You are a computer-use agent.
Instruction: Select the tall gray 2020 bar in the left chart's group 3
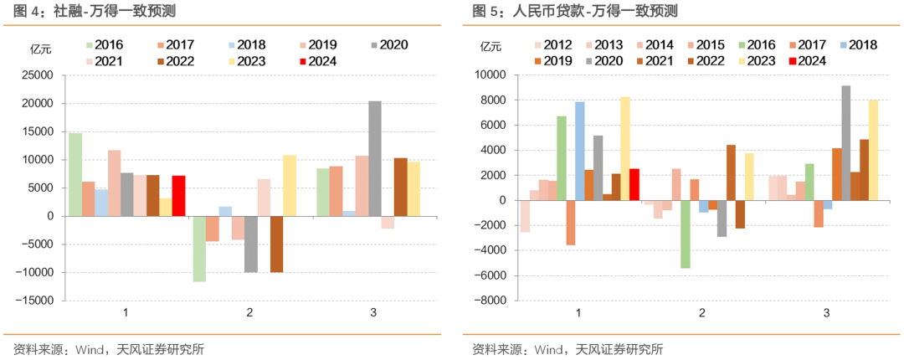coord(375,159)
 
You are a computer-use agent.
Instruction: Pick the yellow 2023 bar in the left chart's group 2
coord(289,186)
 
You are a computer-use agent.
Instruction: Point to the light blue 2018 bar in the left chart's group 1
coord(100,203)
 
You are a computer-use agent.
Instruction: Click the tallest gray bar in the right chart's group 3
coord(846,142)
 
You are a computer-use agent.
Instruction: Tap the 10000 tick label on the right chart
coord(490,75)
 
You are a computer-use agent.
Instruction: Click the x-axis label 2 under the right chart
coord(701,313)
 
